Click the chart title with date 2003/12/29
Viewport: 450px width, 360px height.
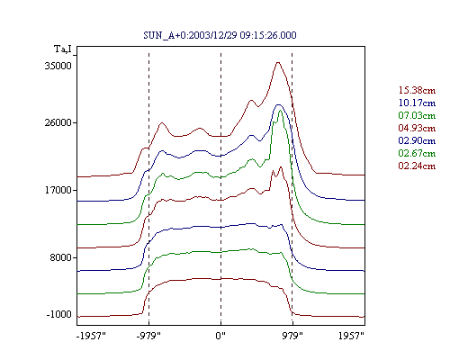pyautogui.click(x=220, y=35)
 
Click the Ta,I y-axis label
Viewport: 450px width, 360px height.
pyautogui.click(x=63, y=49)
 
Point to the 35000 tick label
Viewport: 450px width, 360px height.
pyautogui.click(x=58, y=66)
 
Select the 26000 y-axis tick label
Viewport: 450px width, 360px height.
pyautogui.click(x=58, y=122)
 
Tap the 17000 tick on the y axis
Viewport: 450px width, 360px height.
pyautogui.click(x=58, y=190)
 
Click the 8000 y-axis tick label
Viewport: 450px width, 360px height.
pyautogui.click(x=61, y=257)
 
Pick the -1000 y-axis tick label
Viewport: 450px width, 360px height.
pyautogui.click(x=59, y=314)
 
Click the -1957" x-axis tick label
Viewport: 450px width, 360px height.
pyautogui.click(x=92, y=336)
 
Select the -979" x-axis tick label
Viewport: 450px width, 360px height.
pyautogui.click(x=148, y=336)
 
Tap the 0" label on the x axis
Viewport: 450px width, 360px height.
pyautogui.click(x=220, y=336)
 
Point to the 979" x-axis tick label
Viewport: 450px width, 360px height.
pyautogui.click(x=292, y=336)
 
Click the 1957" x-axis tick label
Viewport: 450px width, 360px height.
pyautogui.click(x=351, y=336)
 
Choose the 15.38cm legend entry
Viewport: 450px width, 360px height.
pyautogui.click(x=417, y=90)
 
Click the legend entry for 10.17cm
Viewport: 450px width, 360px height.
pyautogui.click(x=417, y=103)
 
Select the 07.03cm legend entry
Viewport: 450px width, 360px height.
pyautogui.click(x=417, y=115)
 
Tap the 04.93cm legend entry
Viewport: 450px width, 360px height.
pyautogui.click(x=417, y=128)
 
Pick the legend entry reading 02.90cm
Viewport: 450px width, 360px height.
pyautogui.click(x=417, y=140)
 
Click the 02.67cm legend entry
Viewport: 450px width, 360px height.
pyautogui.click(x=417, y=153)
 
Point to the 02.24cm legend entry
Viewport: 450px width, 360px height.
pyautogui.click(x=417, y=166)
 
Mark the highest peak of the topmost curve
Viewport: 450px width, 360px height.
pyautogui.click(x=278, y=62)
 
